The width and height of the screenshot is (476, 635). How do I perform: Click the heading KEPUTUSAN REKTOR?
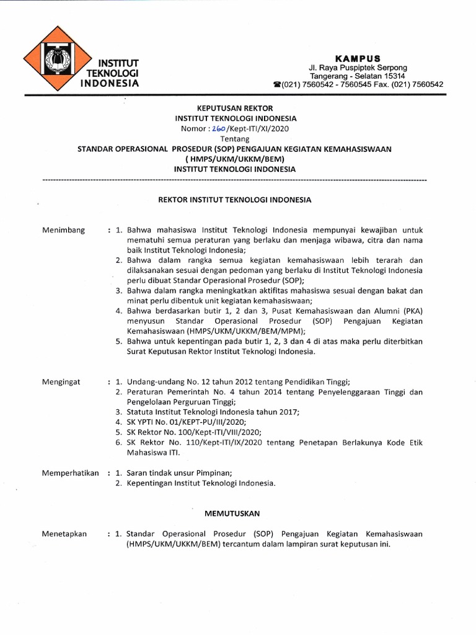(x=235, y=108)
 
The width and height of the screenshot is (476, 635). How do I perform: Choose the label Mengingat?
(x=61, y=382)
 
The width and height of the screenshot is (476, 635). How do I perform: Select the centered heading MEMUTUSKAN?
(x=232, y=513)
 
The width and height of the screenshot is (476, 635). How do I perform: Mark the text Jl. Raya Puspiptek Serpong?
(x=359, y=67)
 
